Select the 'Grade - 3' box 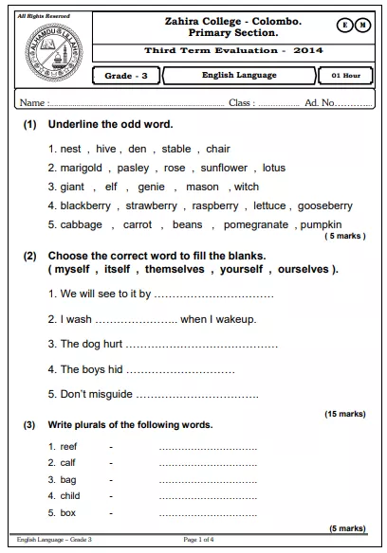[126, 75]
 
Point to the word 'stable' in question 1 [176, 149]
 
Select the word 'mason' [202, 187]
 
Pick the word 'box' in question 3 [67, 513]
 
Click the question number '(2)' [29, 256]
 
